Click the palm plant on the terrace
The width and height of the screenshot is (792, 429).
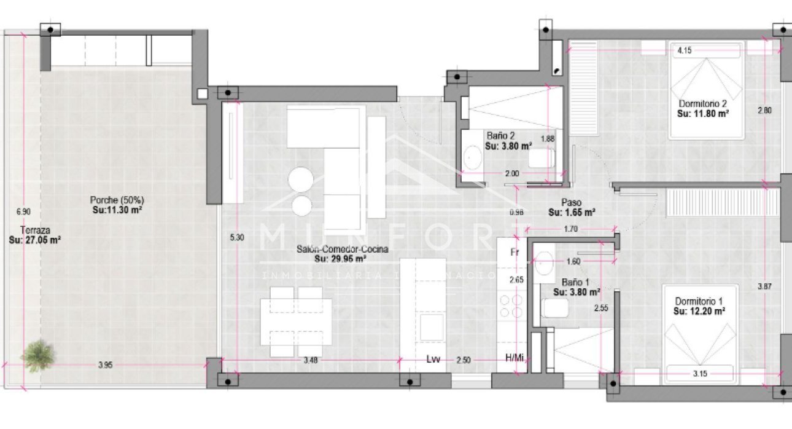[38, 355]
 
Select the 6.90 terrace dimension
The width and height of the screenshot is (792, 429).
[23, 211]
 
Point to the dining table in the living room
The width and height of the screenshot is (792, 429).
[296, 321]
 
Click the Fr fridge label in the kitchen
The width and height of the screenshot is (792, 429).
[514, 252]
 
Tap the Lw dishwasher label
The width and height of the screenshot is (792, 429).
[434, 360]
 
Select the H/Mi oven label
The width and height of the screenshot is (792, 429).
[514, 358]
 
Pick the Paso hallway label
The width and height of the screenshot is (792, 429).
[571, 202]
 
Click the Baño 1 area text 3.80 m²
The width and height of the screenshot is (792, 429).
[576, 293]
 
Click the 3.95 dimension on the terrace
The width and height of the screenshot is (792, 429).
[106, 365]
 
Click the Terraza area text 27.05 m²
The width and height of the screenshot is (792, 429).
[34, 240]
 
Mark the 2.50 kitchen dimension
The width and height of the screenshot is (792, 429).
[464, 360]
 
